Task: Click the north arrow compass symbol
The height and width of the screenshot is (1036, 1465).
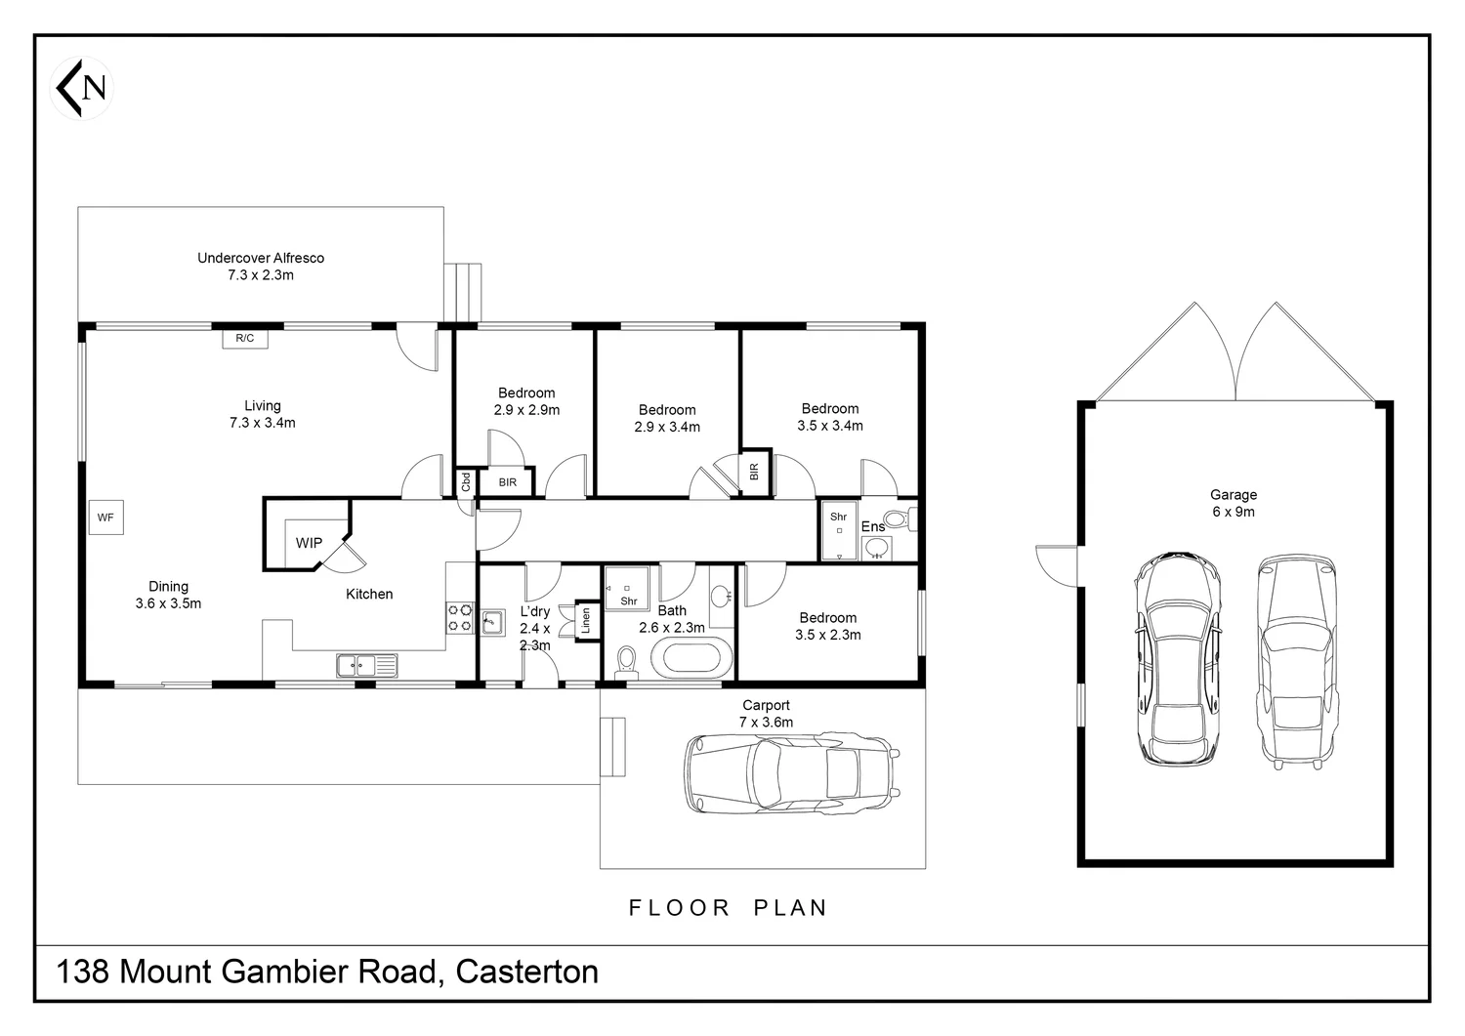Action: (82, 88)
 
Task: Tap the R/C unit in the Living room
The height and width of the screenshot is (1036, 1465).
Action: (244, 338)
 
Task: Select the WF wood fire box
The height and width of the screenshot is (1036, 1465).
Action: (105, 518)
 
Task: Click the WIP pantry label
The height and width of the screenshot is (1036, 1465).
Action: (309, 543)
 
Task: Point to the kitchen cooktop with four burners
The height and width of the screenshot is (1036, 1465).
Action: (460, 618)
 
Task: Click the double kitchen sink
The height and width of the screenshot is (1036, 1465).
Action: (367, 666)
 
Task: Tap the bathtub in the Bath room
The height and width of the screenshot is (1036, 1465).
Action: (691, 660)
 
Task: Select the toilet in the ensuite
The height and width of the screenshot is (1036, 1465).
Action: (900, 519)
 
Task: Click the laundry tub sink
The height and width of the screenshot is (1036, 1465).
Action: (492, 623)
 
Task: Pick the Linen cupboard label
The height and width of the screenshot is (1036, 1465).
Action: (586, 621)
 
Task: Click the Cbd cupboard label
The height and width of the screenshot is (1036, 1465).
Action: (466, 482)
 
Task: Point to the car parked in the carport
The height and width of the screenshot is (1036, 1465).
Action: (792, 774)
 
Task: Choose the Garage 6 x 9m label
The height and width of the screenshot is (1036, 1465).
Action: (1234, 504)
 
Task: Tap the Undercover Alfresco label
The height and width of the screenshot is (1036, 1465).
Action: (261, 267)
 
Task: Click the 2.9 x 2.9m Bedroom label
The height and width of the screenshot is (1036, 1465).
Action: (526, 401)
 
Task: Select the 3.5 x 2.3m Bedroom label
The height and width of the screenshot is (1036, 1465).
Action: (828, 626)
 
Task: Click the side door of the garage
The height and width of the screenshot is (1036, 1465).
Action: (1057, 566)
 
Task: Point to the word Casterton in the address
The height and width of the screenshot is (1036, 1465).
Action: (527, 972)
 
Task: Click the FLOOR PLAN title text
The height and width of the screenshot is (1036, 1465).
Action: (729, 908)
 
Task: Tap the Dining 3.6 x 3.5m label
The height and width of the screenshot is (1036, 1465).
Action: (168, 596)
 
